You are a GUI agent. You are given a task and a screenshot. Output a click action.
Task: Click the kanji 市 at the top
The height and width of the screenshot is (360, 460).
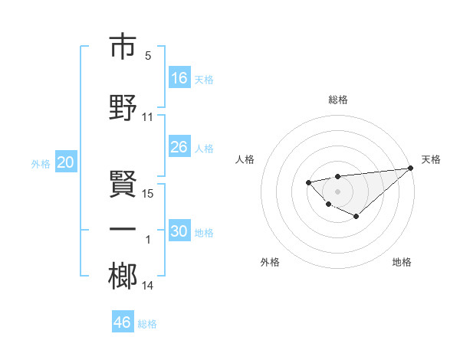(x=123, y=47)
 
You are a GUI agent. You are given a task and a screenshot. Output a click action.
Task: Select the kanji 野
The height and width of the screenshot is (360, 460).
(x=123, y=107)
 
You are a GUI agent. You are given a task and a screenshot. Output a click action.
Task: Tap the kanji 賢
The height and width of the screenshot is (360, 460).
(x=123, y=182)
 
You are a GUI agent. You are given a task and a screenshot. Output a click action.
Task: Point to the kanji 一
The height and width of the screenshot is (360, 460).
(x=123, y=229)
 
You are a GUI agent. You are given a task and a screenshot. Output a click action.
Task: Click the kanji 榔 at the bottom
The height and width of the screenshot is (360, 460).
(x=123, y=276)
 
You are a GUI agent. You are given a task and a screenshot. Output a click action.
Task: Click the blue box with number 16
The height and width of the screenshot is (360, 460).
(x=179, y=78)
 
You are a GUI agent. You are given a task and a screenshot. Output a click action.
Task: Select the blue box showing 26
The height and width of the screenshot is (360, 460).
(x=179, y=147)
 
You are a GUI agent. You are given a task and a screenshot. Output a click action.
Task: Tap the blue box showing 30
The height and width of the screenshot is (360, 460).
(x=179, y=231)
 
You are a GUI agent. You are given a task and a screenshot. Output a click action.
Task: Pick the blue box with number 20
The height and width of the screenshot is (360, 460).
(x=66, y=162)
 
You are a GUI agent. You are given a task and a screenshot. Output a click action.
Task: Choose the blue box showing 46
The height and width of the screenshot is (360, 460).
(x=123, y=322)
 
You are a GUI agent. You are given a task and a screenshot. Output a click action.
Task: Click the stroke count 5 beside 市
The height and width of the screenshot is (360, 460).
(x=148, y=56)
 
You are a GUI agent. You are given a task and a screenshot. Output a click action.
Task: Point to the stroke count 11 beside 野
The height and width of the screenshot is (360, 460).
(x=148, y=117)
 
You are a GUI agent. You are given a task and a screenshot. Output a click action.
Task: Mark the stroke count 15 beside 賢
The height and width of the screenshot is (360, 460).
(x=149, y=193)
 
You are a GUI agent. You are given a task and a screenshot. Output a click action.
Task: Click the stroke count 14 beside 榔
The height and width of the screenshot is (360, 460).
(x=149, y=286)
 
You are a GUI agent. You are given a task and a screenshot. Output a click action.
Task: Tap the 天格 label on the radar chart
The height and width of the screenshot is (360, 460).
(x=431, y=159)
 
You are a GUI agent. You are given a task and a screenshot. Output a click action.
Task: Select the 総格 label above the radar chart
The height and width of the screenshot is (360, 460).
(x=338, y=100)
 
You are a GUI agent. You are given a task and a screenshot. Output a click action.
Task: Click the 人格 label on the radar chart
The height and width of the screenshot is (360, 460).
(x=245, y=159)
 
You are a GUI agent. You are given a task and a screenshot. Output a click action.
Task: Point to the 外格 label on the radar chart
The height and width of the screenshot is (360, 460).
(x=270, y=263)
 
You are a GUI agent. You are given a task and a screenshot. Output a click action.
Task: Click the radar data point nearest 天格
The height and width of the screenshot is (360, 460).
(x=411, y=168)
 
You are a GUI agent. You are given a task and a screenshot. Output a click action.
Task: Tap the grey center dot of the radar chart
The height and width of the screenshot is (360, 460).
(x=337, y=191)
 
